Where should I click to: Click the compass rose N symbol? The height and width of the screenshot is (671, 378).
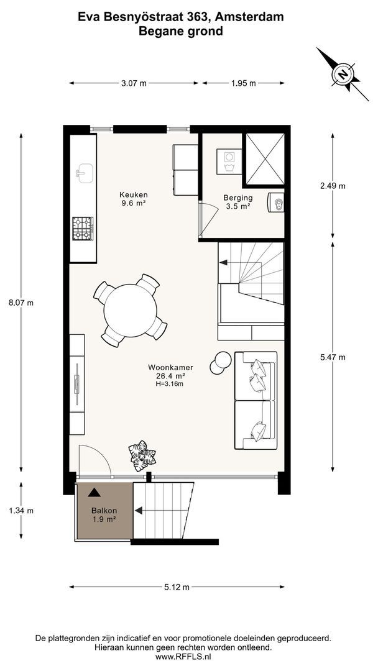coord(343,75)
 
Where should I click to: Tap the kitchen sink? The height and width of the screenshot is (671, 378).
coord(85,173)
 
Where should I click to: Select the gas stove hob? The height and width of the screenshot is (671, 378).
coord(83,229)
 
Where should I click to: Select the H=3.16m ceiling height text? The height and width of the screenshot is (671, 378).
coord(170,384)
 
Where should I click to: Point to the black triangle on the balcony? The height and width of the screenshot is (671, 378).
coord(94,493)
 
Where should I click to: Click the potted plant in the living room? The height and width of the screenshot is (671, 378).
coord(142,456)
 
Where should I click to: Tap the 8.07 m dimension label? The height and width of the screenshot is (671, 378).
coord(21,303)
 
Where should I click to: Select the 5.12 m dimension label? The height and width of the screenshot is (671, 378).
coord(177,587)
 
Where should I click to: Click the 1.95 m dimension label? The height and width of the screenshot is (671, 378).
coord(243,83)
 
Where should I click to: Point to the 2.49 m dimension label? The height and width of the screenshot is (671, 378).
coord(333,186)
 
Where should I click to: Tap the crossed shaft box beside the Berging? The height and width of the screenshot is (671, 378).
coord(265,160)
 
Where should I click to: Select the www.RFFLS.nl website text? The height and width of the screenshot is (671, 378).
coord(183,657)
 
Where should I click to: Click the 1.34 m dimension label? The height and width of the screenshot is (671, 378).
coord(21,510)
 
